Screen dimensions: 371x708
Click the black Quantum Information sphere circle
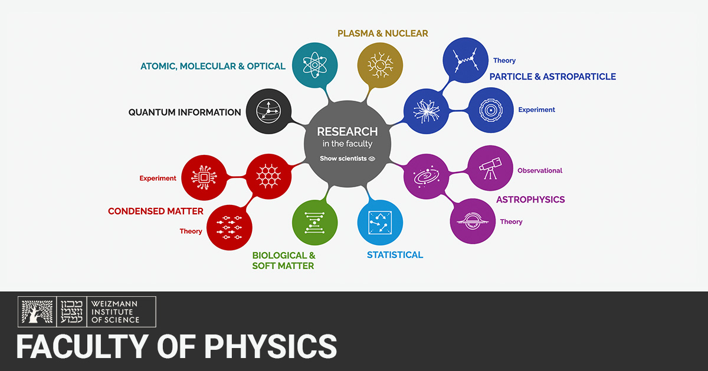[268, 111]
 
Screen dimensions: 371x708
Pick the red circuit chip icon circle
[204, 177]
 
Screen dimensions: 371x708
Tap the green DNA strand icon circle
[315, 223]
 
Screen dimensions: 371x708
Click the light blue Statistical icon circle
[380, 223]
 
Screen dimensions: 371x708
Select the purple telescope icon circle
[490, 168]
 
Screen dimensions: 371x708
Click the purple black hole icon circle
[473, 221]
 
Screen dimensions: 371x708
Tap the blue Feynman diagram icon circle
[465, 61]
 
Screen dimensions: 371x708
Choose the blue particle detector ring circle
[490, 110]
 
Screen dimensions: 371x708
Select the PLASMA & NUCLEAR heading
[383, 34]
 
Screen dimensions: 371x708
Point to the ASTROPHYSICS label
[530, 200]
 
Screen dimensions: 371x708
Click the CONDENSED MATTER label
[156, 211]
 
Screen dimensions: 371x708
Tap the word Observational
[540, 171]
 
